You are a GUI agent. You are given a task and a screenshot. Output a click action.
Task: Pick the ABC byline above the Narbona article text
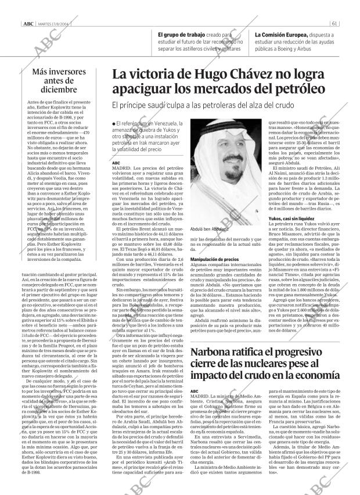point(195,390)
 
